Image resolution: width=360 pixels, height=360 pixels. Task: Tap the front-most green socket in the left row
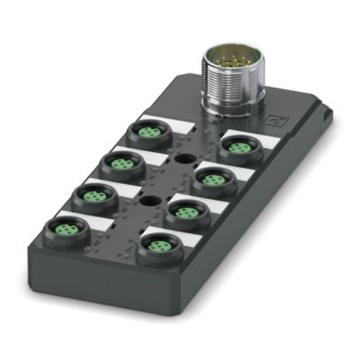[67, 231]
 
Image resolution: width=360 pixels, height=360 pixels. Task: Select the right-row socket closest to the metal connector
[241, 148]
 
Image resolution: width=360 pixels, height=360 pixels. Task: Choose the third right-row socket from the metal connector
[187, 213]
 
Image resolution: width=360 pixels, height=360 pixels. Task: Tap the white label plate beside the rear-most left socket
[170, 122]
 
